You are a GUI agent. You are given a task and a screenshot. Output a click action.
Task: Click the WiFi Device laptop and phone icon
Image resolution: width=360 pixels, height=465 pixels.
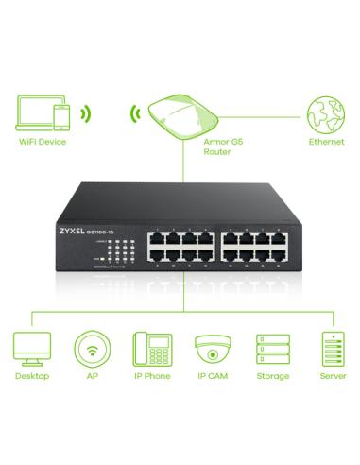click(x=43, y=113)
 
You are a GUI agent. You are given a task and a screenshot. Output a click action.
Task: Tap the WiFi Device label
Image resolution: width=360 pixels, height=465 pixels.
click(x=42, y=144)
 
